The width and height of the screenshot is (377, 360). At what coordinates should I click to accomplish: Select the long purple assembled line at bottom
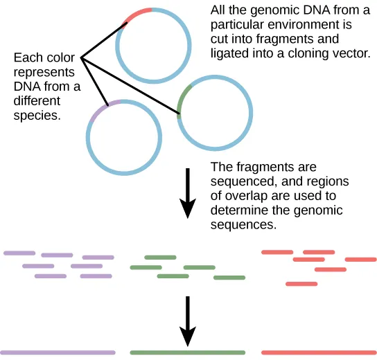[x=58, y=352]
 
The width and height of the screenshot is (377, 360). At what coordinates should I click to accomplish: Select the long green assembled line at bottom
[x=187, y=352]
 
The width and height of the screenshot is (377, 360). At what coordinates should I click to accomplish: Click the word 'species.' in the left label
[x=37, y=116]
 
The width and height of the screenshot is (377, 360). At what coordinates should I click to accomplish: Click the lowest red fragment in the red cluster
[x=301, y=284]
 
